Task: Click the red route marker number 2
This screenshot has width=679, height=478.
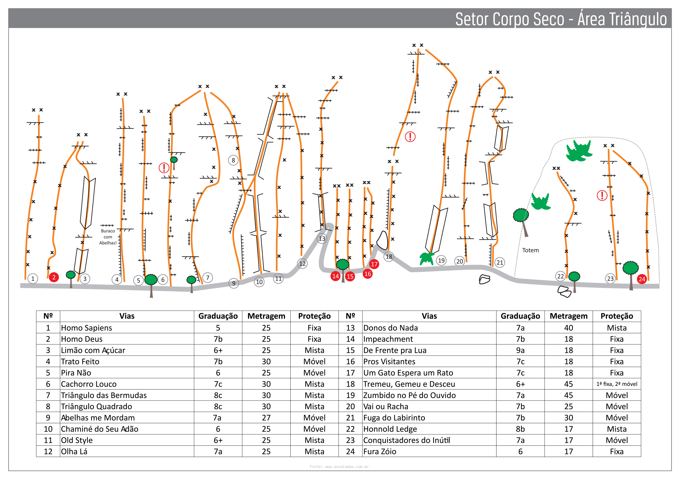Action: [x=54, y=277]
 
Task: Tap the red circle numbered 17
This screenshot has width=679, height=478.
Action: [x=374, y=264]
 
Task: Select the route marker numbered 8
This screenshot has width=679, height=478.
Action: [x=233, y=161]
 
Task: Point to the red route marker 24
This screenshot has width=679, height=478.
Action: [x=642, y=279]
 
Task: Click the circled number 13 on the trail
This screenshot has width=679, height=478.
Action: [x=322, y=238]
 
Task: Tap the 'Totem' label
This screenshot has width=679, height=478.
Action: [x=531, y=250]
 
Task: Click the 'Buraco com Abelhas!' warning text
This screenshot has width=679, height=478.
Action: [x=108, y=237]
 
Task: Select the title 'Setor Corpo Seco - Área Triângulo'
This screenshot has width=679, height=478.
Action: [x=561, y=19]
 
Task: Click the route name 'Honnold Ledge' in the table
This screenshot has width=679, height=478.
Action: [x=390, y=429]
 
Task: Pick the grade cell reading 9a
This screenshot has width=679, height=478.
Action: [x=520, y=350]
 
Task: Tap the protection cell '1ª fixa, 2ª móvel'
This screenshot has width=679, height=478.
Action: [x=617, y=384]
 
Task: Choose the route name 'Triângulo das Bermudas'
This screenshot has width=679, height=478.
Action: [x=104, y=395]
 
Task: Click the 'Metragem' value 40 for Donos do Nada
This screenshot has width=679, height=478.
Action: [x=568, y=328]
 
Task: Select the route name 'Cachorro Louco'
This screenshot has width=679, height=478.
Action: [x=89, y=384]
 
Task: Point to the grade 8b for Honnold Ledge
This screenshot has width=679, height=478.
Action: [x=520, y=429]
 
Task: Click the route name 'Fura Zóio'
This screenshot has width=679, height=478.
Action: [x=380, y=451]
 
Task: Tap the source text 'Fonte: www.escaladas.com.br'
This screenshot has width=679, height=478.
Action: [x=339, y=467]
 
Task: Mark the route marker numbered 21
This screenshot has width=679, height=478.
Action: [x=500, y=262]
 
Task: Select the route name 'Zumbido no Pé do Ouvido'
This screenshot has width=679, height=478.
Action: [x=409, y=395]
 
